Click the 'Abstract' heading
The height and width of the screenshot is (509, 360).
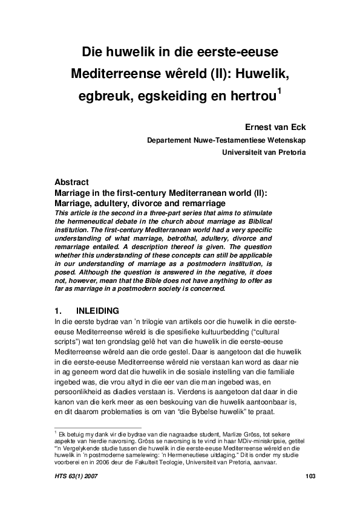pos(71,182)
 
